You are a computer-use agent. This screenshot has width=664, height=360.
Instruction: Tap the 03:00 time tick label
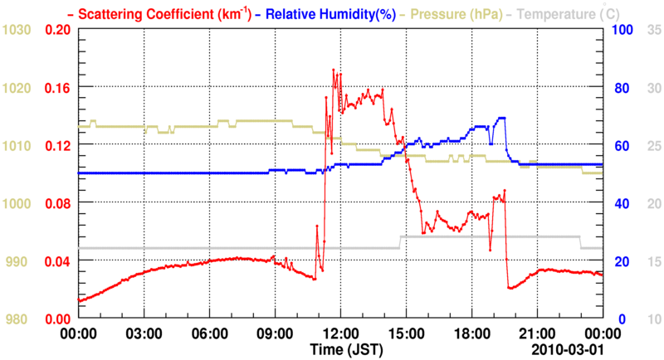[144, 333]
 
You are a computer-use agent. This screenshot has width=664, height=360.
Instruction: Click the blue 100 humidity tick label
[622, 30]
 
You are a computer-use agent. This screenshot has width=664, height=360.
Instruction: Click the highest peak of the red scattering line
[334, 71]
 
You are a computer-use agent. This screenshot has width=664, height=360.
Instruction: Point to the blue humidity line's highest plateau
[501, 119]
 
